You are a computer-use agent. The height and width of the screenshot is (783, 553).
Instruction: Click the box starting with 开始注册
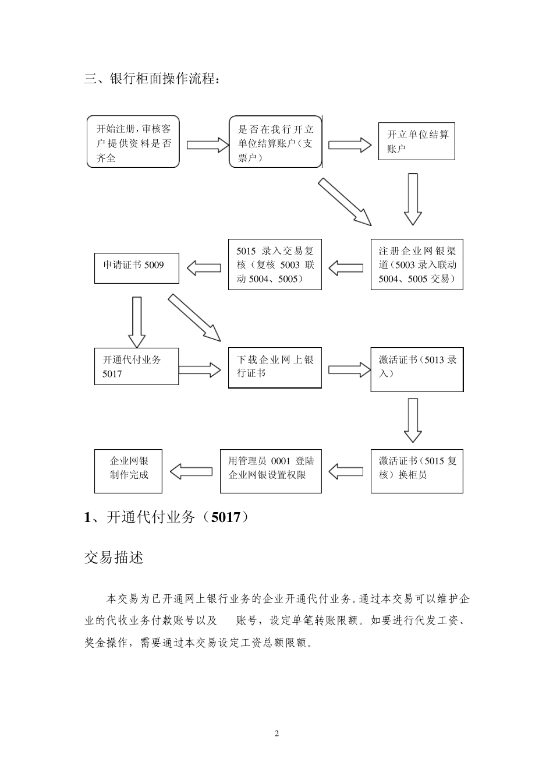(x=133, y=142)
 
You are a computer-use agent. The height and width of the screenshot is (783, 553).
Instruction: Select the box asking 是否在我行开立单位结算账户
(x=275, y=142)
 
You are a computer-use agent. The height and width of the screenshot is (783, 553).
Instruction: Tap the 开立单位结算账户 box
(x=416, y=142)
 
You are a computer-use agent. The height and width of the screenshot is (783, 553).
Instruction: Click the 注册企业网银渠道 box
(x=417, y=265)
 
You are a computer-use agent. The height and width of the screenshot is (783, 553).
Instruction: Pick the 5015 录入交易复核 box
(x=275, y=265)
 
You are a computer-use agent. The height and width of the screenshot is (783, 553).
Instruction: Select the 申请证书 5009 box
(x=136, y=267)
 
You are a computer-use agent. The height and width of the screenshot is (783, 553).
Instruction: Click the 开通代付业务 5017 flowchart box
(x=136, y=366)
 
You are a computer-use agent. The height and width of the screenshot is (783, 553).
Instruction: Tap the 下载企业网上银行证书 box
(x=275, y=368)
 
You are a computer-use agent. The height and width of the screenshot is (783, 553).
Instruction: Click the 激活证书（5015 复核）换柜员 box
(x=417, y=471)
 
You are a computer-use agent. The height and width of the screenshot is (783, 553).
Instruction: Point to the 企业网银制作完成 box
(x=128, y=471)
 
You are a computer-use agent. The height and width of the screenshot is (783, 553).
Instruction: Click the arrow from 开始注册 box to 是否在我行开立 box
(x=204, y=144)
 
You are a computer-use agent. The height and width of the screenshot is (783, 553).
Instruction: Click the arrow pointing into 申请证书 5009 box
(x=204, y=268)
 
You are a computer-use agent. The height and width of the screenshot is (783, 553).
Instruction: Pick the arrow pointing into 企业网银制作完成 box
(x=191, y=471)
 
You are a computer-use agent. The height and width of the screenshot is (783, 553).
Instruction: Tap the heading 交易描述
(x=114, y=558)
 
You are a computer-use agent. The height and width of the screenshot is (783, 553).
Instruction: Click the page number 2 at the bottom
(x=276, y=733)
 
